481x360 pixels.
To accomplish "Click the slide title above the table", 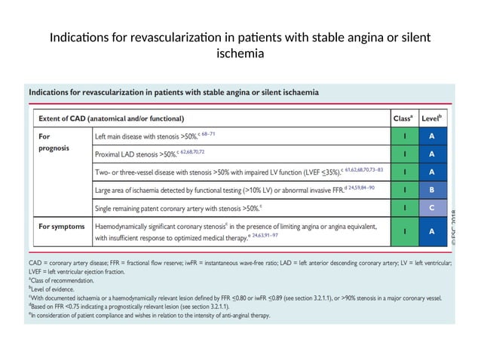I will coord(240,45).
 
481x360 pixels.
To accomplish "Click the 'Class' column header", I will coord(403,118).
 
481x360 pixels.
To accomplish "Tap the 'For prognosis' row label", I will coord(54,142).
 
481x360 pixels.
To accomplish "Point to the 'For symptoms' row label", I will coord(60,225).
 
